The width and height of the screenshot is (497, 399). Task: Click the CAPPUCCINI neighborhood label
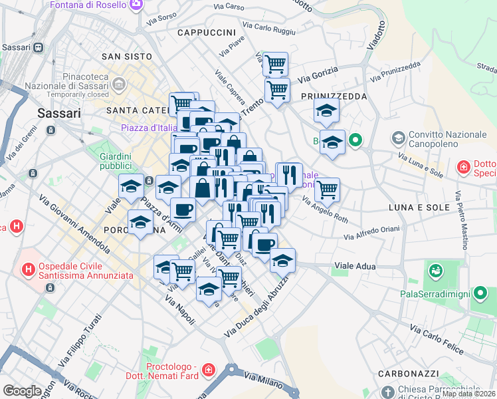pyautogui.click(x=207, y=32)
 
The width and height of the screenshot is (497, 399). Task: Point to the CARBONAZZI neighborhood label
pyautogui.click(x=405, y=373)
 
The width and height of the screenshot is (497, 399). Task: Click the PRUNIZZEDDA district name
pyautogui.click(x=334, y=96)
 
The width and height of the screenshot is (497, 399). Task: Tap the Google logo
pyautogui.click(x=22, y=391)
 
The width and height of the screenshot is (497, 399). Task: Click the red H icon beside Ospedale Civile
pyautogui.click(x=28, y=269)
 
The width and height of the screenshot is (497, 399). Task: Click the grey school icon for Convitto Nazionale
pyautogui.click(x=399, y=138)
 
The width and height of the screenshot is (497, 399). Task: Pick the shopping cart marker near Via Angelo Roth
pyautogui.click(x=327, y=189)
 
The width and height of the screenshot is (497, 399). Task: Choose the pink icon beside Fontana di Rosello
pyautogui.click(x=136, y=5)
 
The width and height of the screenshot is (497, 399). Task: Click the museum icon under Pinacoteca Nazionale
pyautogui.click(x=120, y=84)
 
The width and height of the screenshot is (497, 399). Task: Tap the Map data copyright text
pyautogui.click(x=469, y=394)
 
